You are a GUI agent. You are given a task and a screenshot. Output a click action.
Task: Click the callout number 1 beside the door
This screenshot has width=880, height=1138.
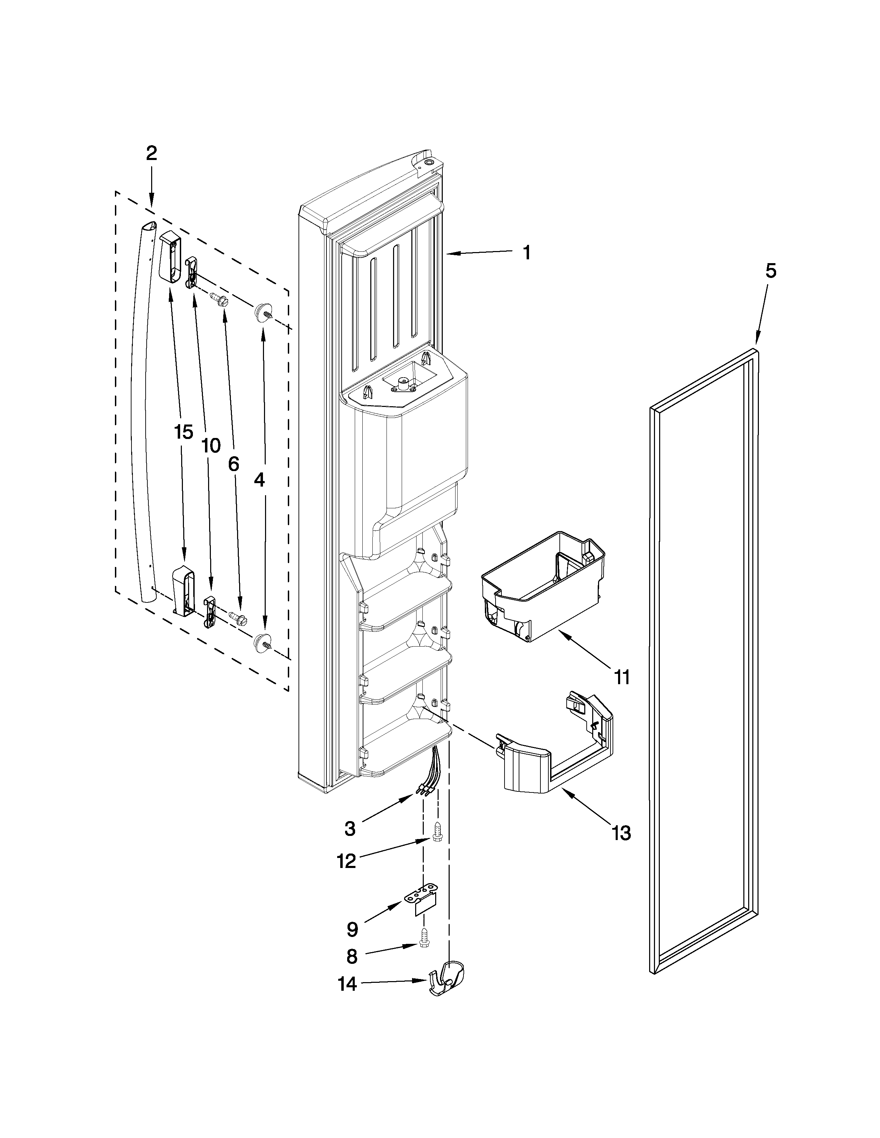pos(527,253)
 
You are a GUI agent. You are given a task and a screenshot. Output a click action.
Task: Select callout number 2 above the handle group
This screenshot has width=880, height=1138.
pos(151,153)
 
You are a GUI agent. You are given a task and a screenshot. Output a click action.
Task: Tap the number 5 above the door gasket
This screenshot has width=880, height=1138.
pos(771,271)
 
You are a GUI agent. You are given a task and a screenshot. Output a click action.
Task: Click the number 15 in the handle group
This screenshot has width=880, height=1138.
pos(184,432)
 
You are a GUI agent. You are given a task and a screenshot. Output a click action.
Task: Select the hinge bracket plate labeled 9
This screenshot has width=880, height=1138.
pos(421,905)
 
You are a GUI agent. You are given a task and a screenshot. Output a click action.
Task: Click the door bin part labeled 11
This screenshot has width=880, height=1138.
pos(542,586)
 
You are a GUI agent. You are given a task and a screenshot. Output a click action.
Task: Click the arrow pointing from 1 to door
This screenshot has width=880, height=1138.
pos(480,253)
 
